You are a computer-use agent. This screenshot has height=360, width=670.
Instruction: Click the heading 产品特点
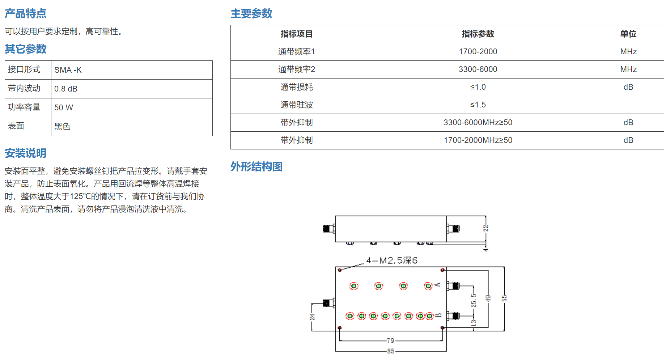coord(25,13)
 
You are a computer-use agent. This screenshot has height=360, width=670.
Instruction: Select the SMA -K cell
coord(68,70)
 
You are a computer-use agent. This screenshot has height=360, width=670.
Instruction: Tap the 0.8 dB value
coord(66,89)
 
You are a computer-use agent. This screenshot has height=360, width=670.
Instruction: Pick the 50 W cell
coord(64,107)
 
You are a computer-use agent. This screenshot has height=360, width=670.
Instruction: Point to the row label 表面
coord(16,126)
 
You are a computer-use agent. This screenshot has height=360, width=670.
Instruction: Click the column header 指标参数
coord(478,34)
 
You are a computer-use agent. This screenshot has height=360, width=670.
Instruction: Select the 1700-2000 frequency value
coord(478,52)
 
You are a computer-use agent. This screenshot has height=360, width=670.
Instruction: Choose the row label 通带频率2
coord(297,69)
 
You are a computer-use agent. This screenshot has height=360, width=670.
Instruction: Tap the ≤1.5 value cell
coord(478,105)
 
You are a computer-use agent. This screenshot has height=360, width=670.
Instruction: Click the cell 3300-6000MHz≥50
coord(478,123)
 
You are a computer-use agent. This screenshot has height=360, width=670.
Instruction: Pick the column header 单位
coord(628,34)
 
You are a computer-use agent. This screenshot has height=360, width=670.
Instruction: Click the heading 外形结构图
coord(256,166)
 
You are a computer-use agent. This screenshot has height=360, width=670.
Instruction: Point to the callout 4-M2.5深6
coord(392,261)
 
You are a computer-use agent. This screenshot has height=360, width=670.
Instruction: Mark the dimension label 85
coord(391,351)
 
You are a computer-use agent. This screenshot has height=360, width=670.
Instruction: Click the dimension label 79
coord(390,340)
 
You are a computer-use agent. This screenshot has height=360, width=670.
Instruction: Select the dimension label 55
coord(504,298)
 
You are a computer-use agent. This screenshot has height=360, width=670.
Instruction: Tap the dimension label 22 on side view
coord(485,228)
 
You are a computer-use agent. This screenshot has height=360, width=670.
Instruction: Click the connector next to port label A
coord(453,286)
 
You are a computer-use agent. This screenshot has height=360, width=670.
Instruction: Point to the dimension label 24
coord(312,317)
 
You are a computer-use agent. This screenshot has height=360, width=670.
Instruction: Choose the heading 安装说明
coord(25,153)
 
